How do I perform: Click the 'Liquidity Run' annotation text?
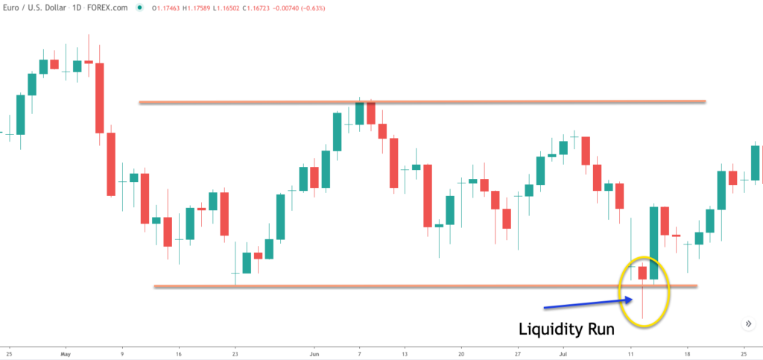567,328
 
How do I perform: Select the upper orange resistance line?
421,101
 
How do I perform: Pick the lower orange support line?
425,285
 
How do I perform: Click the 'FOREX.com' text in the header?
109,8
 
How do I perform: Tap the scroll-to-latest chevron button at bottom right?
747,323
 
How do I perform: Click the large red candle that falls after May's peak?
99,98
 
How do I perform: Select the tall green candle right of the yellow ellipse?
654,243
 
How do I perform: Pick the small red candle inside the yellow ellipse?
642,272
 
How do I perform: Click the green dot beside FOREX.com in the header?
139,8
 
